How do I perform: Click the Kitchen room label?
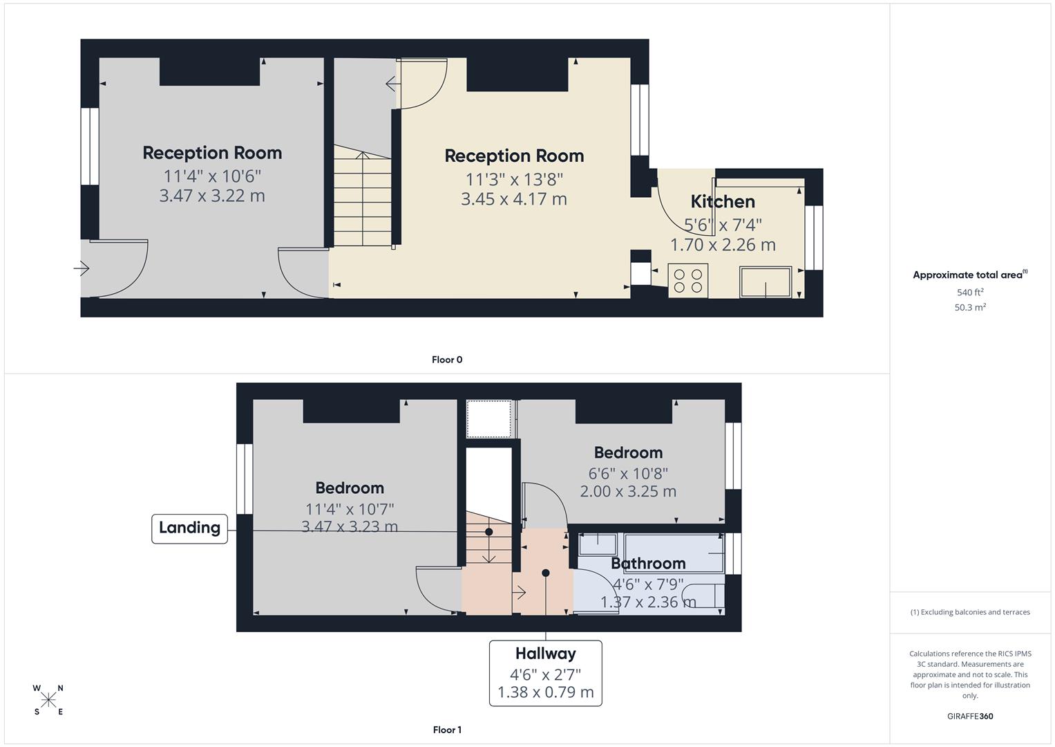[723, 201]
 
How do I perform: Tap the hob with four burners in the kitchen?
[688, 281]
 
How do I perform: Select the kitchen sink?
[766, 282]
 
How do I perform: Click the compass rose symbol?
[48, 700]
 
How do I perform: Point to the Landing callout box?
[189, 528]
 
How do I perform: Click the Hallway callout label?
[545, 654]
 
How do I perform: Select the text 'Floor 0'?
[447, 360]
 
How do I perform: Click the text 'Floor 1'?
[447, 730]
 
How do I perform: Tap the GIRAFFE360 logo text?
[969, 716]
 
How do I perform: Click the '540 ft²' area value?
[969, 293]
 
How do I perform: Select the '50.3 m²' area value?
[969, 308]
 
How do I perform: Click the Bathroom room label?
[648, 564]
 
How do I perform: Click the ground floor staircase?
[362, 201]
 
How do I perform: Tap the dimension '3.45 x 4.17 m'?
[514, 199]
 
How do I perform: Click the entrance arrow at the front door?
[82, 268]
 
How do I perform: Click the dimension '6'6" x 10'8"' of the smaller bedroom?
[628, 474]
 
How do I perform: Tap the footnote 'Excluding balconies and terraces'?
[969, 612]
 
